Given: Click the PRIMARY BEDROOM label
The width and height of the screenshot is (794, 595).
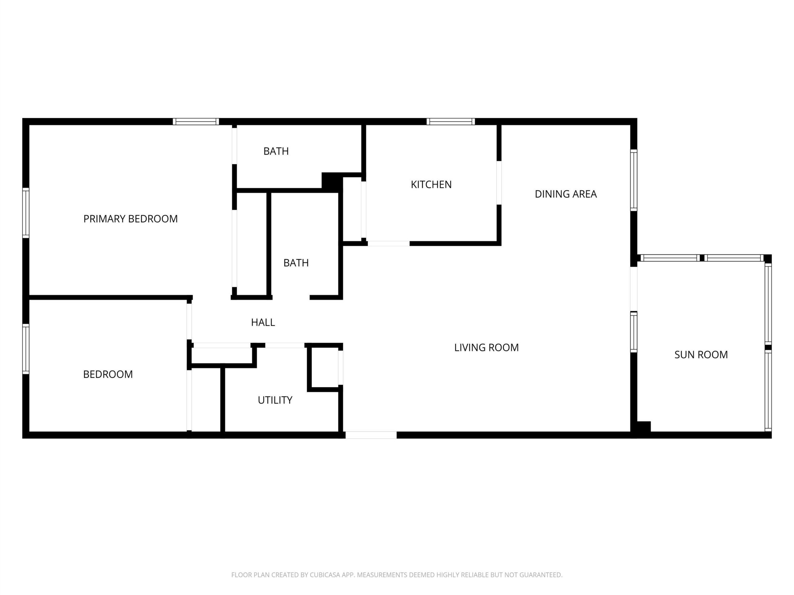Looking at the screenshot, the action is click(x=130, y=219).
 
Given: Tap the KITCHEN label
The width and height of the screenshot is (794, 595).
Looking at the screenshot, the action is click(x=431, y=185).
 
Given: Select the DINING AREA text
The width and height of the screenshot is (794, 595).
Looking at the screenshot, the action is click(x=566, y=194).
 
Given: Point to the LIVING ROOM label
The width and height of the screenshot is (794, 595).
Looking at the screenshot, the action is click(x=486, y=347).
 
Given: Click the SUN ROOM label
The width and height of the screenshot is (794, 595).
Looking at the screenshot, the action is click(x=701, y=355).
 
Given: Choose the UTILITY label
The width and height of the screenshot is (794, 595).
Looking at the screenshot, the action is click(x=275, y=400).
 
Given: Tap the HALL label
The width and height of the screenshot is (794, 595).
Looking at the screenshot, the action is click(x=263, y=322).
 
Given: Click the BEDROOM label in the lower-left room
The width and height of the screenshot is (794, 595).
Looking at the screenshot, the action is click(x=108, y=374).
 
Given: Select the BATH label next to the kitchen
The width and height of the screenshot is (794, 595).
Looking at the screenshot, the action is click(x=276, y=151).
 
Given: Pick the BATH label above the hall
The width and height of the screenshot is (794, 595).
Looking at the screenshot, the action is click(x=296, y=263).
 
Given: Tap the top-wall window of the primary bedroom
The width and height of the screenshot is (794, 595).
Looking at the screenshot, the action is click(x=196, y=121).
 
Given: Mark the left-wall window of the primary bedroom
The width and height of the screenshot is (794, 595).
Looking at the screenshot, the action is click(x=26, y=213).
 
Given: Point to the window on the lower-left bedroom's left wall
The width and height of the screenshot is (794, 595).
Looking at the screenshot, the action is click(x=26, y=349).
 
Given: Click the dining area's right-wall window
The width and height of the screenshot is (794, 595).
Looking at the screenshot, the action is click(x=634, y=180).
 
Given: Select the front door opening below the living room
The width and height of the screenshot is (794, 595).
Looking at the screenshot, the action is click(x=371, y=435).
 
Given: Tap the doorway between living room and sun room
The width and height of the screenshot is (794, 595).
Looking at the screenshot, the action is click(x=634, y=289).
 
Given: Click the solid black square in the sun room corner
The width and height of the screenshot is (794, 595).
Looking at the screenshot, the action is click(x=644, y=426).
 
